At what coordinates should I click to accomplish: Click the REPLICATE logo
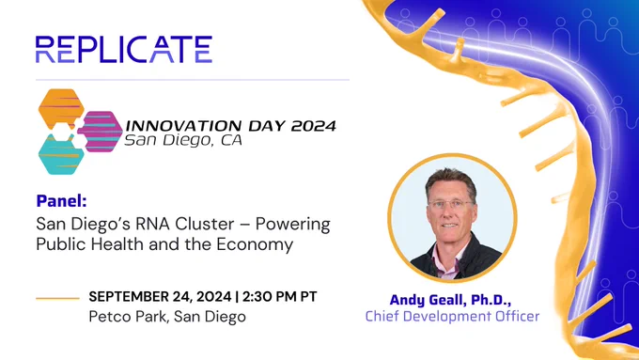tap(124, 49)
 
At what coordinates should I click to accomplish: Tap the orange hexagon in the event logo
tap(61, 108)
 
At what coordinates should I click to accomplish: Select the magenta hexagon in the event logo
tap(101, 132)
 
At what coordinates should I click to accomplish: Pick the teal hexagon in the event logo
tap(61, 155)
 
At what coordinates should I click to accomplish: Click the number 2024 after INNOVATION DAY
tap(313, 126)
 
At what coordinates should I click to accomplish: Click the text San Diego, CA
tap(183, 140)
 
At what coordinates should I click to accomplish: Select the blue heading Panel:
tap(61, 200)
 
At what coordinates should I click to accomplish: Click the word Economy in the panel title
tap(255, 244)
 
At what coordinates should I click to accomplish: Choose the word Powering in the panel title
tap(292, 225)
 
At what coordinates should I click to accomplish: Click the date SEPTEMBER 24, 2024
tap(160, 296)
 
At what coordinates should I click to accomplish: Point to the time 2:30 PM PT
tap(280, 296)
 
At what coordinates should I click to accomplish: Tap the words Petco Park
tap(128, 317)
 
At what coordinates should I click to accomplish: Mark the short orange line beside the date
tap(57, 299)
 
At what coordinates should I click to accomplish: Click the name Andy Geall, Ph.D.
tap(450, 300)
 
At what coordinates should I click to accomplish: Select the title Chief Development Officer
tap(452, 317)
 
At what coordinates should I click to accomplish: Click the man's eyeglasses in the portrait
tap(451, 203)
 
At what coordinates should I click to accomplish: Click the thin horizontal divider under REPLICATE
tap(193, 80)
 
